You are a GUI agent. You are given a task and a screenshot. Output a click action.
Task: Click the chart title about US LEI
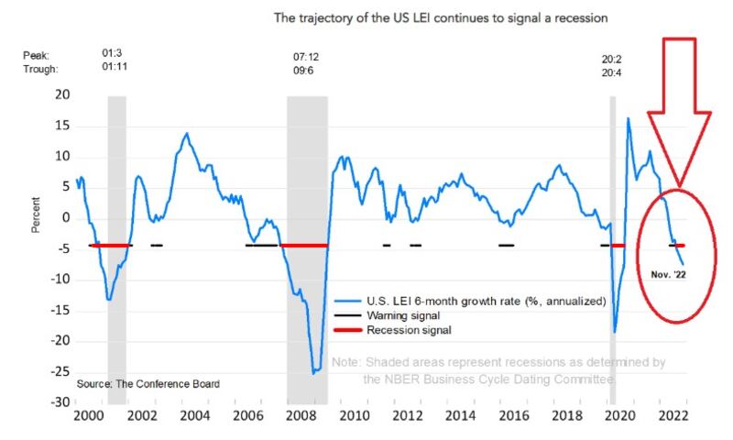pyautogui.click(x=441, y=18)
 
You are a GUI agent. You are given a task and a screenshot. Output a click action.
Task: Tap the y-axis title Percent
pyautogui.click(x=36, y=215)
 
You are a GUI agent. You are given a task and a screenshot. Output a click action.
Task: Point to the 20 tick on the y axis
pyautogui.click(x=62, y=94)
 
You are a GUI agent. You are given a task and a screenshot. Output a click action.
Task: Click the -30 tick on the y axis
pyautogui.click(x=60, y=402)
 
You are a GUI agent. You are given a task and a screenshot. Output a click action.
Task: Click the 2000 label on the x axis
pyautogui.click(x=89, y=415)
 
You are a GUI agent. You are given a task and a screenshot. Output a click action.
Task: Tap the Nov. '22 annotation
pyautogui.click(x=668, y=274)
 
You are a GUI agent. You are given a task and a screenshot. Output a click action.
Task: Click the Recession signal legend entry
pyautogui.click(x=393, y=330)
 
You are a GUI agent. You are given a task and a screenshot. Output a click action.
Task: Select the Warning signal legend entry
pyautogui.click(x=387, y=315)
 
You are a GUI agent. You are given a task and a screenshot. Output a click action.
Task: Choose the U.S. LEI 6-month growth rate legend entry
pyautogui.click(x=470, y=302)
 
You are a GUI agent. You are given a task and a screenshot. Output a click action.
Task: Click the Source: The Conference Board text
pyautogui.click(x=148, y=384)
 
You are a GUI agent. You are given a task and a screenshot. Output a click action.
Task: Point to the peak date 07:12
pyautogui.click(x=306, y=57)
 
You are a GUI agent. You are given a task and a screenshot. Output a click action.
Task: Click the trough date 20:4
pyautogui.click(x=611, y=73)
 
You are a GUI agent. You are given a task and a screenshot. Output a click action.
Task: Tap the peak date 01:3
pyautogui.click(x=112, y=53)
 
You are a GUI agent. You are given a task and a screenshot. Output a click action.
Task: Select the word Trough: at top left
pyautogui.click(x=40, y=69)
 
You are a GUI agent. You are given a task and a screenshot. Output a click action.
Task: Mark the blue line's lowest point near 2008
pyautogui.click(x=313, y=373)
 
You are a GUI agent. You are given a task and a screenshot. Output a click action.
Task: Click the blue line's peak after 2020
pyautogui.click(x=628, y=118)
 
